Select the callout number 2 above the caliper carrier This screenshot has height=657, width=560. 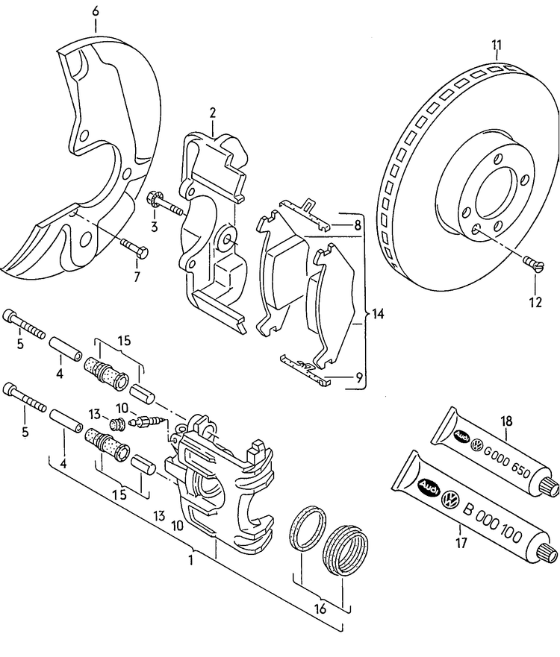click(212, 113)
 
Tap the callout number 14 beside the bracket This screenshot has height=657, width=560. click(378, 315)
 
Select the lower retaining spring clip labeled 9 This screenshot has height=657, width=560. click(306, 371)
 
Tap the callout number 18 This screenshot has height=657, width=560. click(507, 421)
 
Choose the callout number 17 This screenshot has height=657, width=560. click(461, 543)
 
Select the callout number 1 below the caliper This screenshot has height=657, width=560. click(192, 559)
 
